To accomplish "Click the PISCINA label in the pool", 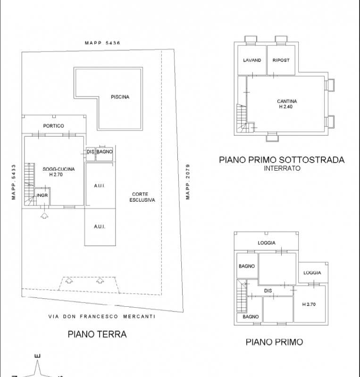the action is (x=120, y=97).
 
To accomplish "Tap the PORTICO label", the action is (x=53, y=126).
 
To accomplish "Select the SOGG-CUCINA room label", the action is (x=59, y=169).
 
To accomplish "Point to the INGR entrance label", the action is (x=42, y=195).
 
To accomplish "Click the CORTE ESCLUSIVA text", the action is (x=142, y=197).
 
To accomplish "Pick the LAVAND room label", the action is (x=252, y=60).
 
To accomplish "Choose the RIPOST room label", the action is (x=281, y=60).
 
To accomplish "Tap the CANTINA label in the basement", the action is (x=287, y=101).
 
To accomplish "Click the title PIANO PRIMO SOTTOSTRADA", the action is (x=282, y=160).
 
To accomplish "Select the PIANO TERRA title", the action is (x=97, y=334).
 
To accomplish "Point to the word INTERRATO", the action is (x=282, y=168).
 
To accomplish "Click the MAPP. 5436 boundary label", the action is (x=102, y=43).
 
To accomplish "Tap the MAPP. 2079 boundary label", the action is (x=188, y=182).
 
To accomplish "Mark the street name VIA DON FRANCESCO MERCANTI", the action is (x=102, y=316).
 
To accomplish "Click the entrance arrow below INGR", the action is (x=44, y=215).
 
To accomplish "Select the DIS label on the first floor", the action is (x=268, y=291).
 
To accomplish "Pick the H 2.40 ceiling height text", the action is (x=286, y=107).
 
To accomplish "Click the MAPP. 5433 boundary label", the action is (x=14, y=182).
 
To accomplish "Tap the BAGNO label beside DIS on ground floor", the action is (x=104, y=152).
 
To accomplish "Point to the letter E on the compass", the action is (x=38, y=356).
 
